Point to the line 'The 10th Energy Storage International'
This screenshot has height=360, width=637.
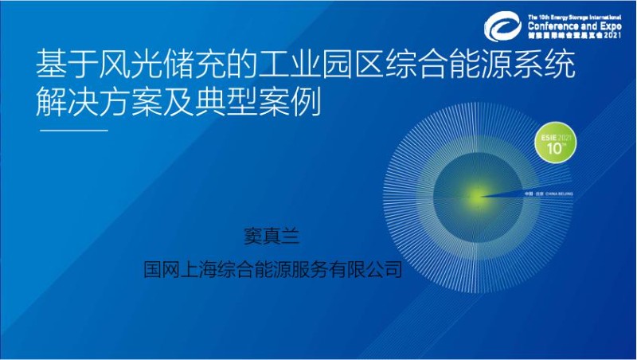pyautogui.click(x=573, y=15)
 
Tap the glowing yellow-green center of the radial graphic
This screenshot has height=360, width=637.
pyautogui.click(x=476, y=194)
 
